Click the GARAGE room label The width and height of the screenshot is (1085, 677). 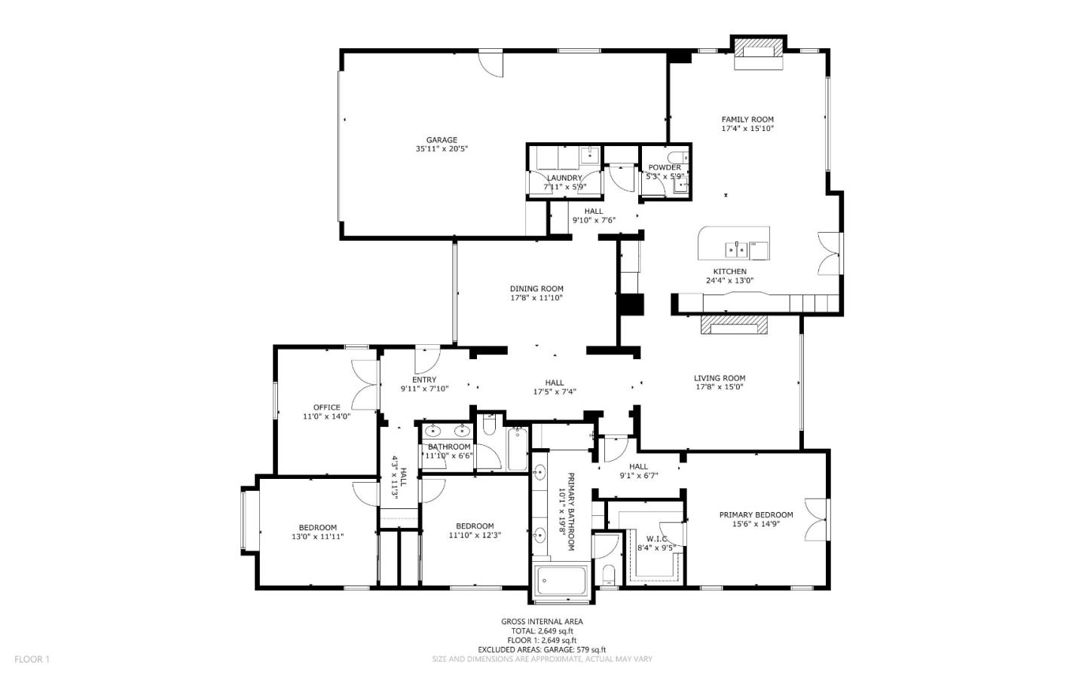point(442,140)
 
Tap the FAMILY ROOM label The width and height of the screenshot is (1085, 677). point(747,119)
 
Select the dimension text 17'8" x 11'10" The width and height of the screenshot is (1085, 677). point(536,298)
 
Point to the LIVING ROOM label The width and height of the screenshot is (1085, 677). point(720,378)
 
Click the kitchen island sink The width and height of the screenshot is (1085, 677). point(736,248)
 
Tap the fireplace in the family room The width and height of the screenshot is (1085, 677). point(759,50)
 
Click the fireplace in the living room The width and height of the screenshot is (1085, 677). point(734,325)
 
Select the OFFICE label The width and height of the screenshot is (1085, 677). point(327,407)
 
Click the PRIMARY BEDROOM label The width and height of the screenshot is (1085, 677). point(756,515)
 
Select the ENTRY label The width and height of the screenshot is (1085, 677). point(424,380)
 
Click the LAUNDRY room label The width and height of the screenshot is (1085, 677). point(564,178)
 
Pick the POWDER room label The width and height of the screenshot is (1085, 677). point(665,167)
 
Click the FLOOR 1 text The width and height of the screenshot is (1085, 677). point(32,660)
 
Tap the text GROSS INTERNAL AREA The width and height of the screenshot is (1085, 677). point(542,621)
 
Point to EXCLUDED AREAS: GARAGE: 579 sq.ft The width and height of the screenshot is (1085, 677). point(542,650)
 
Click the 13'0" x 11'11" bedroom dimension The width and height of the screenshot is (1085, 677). point(318,537)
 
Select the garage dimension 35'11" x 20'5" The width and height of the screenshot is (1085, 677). point(442,149)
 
